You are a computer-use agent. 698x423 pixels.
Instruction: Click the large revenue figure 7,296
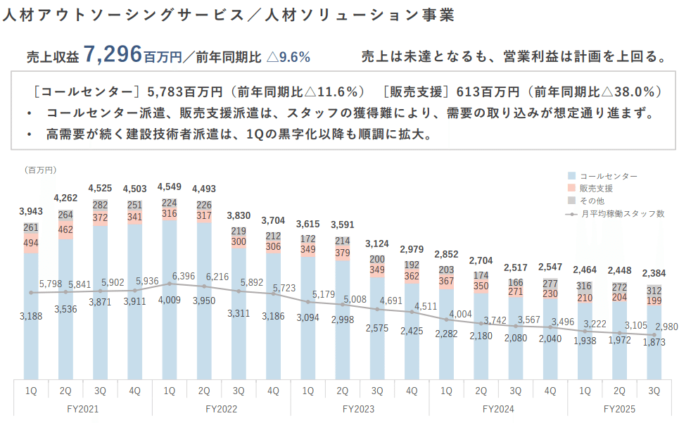112,54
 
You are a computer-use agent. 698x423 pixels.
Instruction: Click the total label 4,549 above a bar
169,187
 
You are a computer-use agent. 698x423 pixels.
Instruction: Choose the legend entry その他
592,201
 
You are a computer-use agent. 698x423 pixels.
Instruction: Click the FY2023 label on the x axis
360,408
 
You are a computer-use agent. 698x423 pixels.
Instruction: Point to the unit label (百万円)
40,170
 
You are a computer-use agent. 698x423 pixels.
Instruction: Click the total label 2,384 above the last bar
654,272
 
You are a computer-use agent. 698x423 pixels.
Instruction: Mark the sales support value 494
30,243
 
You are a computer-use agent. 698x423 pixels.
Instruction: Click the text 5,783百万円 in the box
180,91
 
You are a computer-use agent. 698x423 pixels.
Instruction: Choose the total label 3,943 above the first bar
30,212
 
